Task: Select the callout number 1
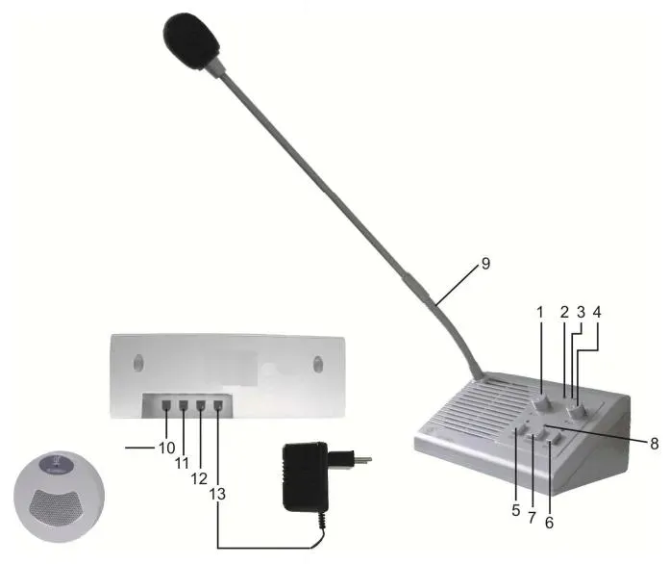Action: pyautogui.click(x=540, y=313)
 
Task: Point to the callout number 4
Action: pyautogui.click(x=598, y=313)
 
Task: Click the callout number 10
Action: pyautogui.click(x=165, y=448)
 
